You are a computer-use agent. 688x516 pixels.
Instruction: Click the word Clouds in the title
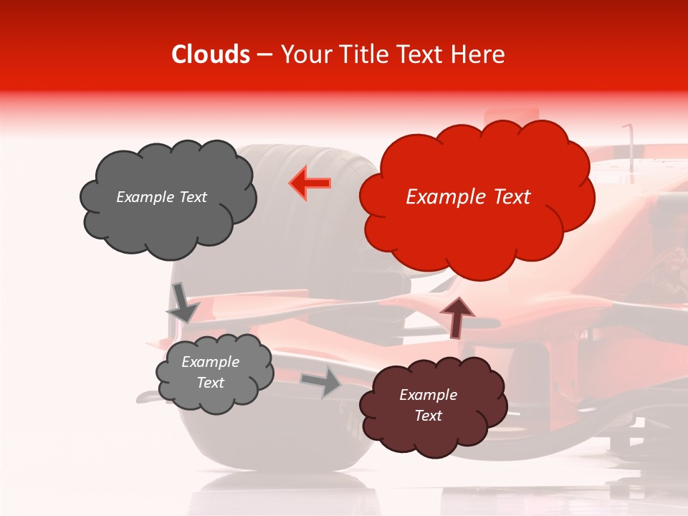pyautogui.click(x=211, y=54)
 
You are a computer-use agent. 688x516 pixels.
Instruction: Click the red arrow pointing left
pyautogui.click(x=310, y=183)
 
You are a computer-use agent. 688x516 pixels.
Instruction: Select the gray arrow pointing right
pyautogui.click(x=322, y=381)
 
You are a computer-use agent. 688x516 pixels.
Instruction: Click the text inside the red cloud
pyautogui.click(x=468, y=197)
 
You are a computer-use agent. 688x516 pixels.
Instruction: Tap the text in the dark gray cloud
pyautogui.click(x=161, y=197)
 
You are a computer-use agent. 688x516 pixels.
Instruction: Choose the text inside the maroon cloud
pyautogui.click(x=428, y=405)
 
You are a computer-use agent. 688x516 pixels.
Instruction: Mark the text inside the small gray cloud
pyautogui.click(x=210, y=372)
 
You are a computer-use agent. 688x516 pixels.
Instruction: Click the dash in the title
pyautogui.click(x=264, y=55)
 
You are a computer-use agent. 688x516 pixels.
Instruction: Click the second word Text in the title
pyautogui.click(x=424, y=54)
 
